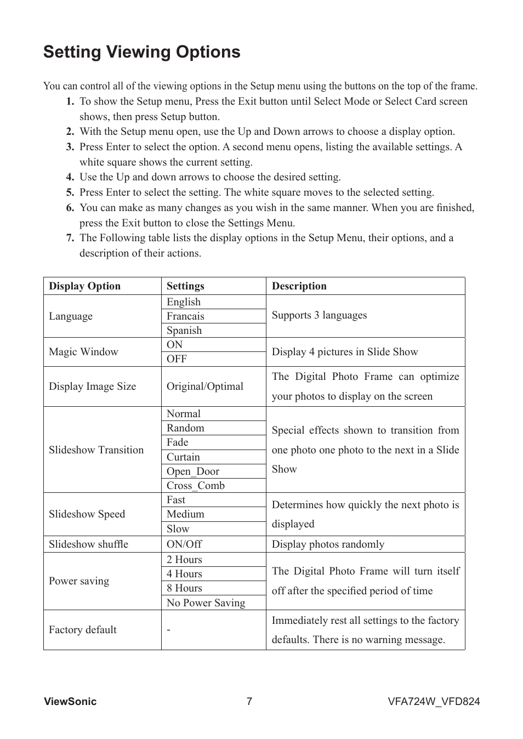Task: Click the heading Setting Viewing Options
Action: click(141, 52)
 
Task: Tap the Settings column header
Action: click(185, 286)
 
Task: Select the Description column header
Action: click(299, 286)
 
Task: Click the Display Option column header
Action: click(84, 286)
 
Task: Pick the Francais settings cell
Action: click(185, 316)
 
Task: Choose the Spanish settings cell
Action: click(184, 331)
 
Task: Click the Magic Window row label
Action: click(83, 352)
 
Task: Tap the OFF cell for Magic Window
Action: click(177, 359)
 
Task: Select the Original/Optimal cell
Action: click(205, 386)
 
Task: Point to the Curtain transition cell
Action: click(183, 457)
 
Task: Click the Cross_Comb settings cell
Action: click(196, 486)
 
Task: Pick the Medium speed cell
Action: click(185, 514)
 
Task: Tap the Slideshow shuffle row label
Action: click(88, 544)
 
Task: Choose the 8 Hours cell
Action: click(184, 588)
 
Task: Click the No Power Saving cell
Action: click(206, 603)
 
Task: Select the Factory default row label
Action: click(83, 630)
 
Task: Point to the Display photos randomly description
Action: click(328, 544)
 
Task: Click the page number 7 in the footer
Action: click(249, 702)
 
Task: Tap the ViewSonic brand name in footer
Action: click(70, 702)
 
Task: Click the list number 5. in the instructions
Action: click(70, 192)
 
